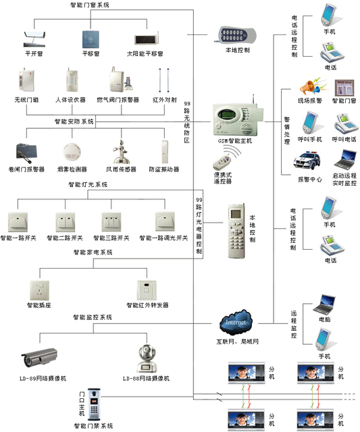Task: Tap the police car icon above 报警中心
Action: (305, 163)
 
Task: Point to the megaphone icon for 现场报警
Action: (308, 87)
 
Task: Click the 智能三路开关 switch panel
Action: (110, 221)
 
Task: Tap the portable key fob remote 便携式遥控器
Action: (220, 163)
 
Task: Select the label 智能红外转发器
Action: (147, 305)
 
